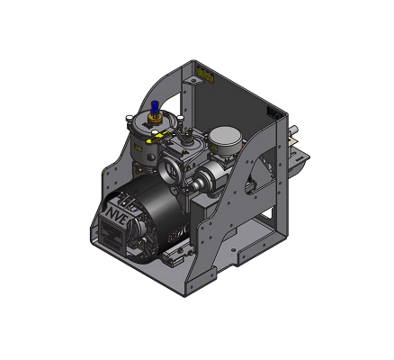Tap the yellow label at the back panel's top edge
(x=206, y=76)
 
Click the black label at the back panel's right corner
(x=274, y=112)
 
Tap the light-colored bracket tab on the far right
(x=300, y=162)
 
